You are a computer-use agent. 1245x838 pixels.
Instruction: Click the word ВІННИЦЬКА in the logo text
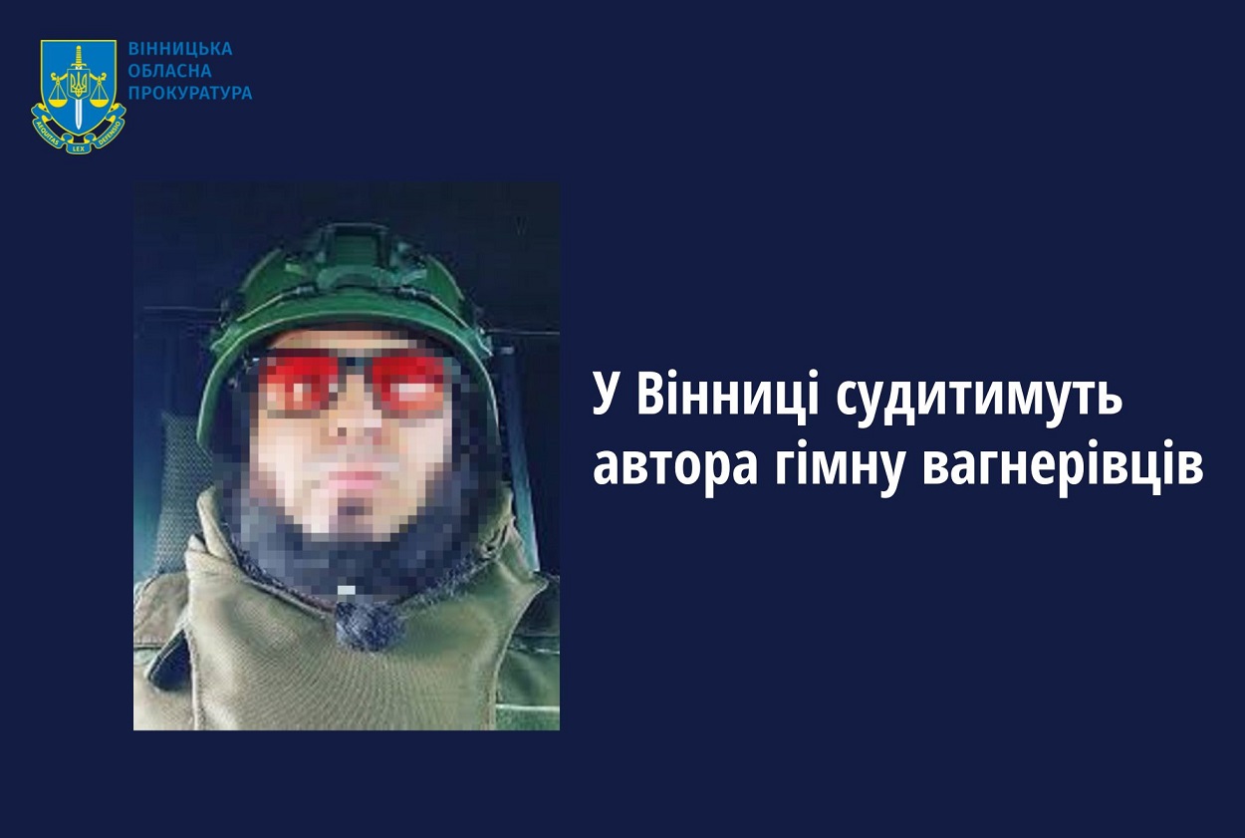click(179, 48)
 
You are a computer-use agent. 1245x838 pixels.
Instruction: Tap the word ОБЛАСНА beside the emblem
click(170, 71)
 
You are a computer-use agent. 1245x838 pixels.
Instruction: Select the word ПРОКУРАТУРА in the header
click(190, 94)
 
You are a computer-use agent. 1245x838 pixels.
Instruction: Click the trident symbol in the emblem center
click(79, 83)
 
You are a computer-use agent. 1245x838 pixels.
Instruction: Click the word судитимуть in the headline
click(980, 399)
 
